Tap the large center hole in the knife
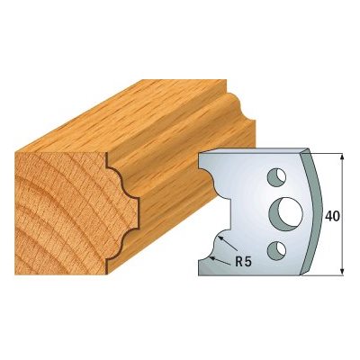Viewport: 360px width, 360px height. (285, 214)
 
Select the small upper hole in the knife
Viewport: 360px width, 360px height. (276, 177)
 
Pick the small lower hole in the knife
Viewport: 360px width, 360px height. (276, 250)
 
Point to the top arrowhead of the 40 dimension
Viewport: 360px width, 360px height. (342, 157)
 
